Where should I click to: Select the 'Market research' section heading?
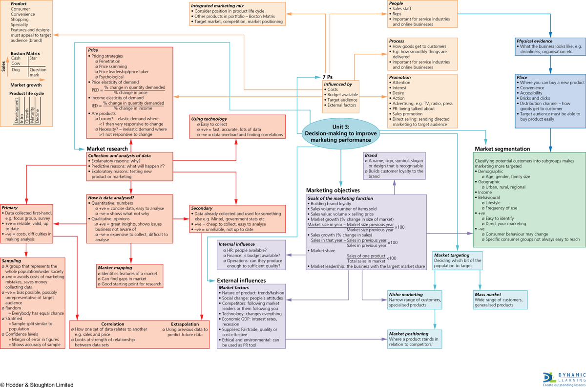click(x=107, y=149)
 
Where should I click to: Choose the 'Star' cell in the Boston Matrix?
click(x=33, y=59)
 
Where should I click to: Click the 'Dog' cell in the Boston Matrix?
click(x=16, y=70)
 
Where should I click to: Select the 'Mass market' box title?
click(x=487, y=295)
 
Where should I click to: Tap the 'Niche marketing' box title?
click(x=406, y=295)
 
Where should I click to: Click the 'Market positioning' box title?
click(x=409, y=333)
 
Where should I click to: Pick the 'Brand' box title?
click(x=371, y=155)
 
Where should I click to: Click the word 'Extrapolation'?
click(x=185, y=324)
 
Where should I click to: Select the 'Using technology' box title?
click(x=209, y=119)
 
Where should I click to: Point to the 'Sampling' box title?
click(x=12, y=261)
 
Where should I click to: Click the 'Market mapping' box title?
click(x=115, y=268)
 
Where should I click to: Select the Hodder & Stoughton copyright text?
click(x=37, y=385)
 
